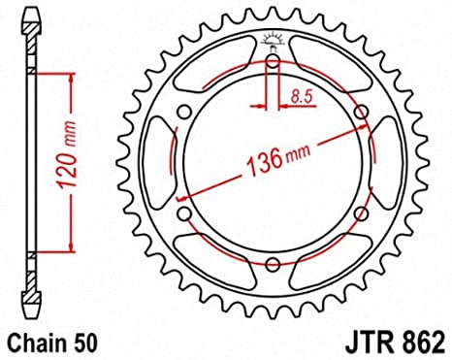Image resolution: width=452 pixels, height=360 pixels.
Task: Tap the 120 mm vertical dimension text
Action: [x=67, y=155]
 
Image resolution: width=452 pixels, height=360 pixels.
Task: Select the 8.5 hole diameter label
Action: [x=302, y=96]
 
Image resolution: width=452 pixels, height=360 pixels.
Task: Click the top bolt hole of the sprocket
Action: [x=274, y=61]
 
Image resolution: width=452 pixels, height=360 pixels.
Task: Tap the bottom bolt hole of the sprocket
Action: [x=274, y=265]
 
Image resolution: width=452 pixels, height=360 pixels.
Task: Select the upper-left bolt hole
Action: [x=184, y=113]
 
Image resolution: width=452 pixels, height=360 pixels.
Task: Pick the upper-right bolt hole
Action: [x=362, y=113]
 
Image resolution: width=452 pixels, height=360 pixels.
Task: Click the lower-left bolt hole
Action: [x=184, y=213]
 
